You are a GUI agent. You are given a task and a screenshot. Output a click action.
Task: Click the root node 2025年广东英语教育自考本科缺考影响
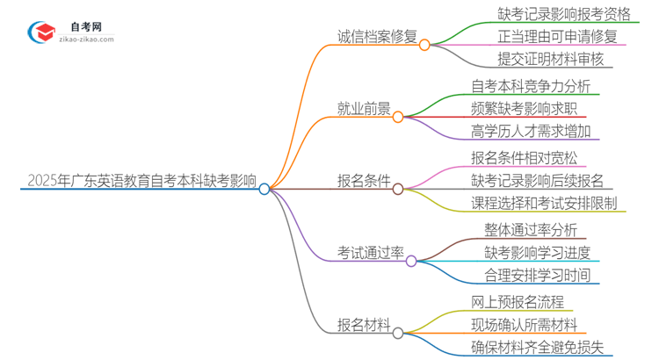click(141, 183)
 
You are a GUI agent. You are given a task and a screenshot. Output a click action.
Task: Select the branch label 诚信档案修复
click(378, 37)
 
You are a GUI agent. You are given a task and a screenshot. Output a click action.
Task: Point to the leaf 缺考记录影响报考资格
click(551, 14)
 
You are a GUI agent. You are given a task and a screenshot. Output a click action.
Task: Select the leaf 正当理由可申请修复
click(544, 37)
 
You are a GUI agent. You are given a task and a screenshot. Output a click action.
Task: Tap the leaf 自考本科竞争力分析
click(531, 86)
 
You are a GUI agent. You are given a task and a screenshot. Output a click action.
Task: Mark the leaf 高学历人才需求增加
click(531, 132)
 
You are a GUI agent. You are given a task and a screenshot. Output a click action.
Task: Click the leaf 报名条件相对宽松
click(525, 158)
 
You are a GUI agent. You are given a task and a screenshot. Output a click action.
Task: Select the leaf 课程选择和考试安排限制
click(544, 204)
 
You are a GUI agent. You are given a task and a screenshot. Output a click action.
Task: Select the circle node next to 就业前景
click(398, 116)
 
